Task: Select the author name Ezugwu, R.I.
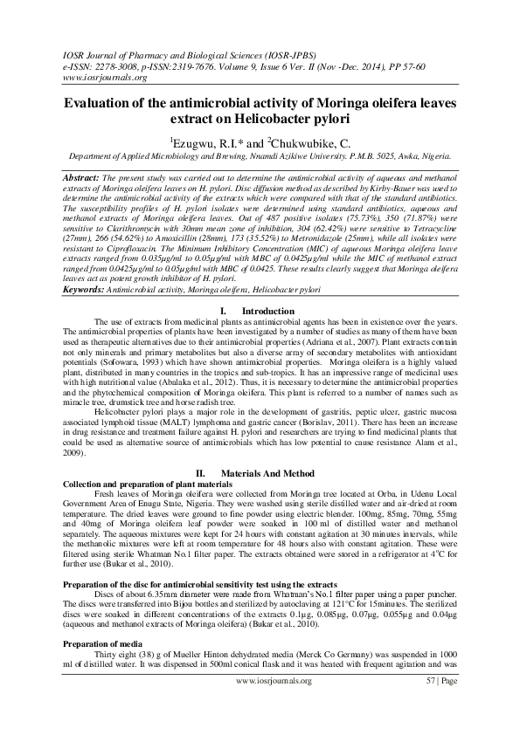(x=204, y=141)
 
